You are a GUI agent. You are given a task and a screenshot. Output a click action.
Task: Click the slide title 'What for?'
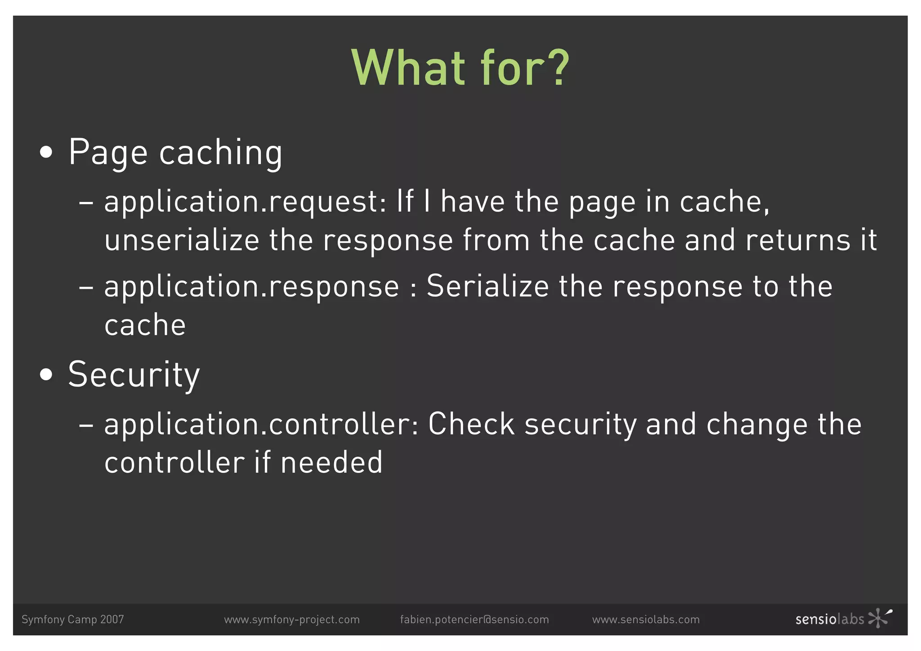[460, 68]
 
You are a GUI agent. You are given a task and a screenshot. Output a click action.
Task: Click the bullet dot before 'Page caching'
[46, 152]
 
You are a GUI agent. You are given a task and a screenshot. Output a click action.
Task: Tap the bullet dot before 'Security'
[46, 374]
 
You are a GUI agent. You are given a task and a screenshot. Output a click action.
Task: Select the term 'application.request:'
[245, 202]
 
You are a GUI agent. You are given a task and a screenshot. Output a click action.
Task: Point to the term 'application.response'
[251, 287]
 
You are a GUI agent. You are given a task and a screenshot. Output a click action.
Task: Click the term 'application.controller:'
[261, 424]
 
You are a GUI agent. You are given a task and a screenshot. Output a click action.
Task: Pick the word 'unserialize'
[182, 240]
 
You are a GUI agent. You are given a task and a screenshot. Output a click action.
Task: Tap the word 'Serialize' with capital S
[487, 286]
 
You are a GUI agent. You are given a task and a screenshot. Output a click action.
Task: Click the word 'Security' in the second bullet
[134, 374]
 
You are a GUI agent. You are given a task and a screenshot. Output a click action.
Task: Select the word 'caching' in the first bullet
[221, 153]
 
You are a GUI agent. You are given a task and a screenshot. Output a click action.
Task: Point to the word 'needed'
[331, 462]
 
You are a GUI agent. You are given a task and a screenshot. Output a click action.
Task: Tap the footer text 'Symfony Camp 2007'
[73, 620]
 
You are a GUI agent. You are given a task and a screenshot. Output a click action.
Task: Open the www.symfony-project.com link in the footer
[292, 620]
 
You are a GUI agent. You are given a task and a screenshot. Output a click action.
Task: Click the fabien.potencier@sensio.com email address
[474, 620]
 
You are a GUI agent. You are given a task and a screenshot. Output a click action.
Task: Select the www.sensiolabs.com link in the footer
[646, 620]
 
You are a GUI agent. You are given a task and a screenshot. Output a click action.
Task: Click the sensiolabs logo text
[830, 620]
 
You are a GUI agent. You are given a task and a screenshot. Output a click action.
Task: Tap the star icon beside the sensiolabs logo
[879, 618]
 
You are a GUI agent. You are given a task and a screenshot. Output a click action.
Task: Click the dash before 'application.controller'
[86, 424]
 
